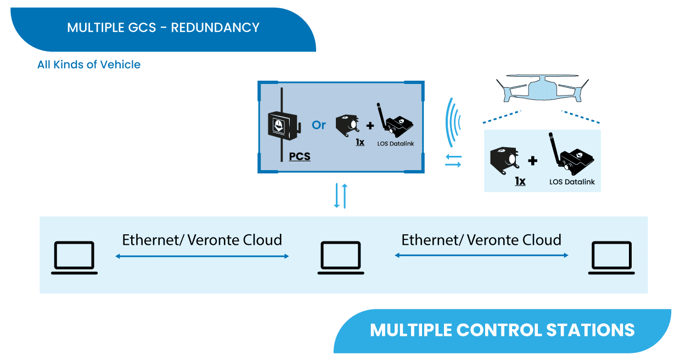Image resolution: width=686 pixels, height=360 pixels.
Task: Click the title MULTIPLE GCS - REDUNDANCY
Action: [163, 27]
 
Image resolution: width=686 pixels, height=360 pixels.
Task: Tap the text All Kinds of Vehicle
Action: [89, 65]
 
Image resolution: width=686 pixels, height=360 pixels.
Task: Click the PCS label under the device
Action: [300, 156]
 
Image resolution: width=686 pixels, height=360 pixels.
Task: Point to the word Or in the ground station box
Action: [319, 125]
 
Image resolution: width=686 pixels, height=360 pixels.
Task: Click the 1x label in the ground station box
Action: [360, 142]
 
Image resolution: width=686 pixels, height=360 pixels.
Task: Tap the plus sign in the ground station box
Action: [370, 126]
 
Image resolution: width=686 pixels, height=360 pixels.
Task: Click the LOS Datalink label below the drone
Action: [572, 182]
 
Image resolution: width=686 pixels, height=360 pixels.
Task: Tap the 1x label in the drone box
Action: [520, 181]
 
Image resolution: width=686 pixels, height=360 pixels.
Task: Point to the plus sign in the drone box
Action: [533, 161]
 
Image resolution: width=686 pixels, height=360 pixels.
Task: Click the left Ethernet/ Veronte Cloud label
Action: [202, 240]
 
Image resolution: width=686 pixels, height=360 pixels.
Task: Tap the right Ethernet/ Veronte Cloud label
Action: [481, 240]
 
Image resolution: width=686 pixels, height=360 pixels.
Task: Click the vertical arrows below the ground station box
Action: [341, 196]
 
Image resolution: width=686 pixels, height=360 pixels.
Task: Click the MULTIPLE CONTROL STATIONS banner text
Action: [502, 330]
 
